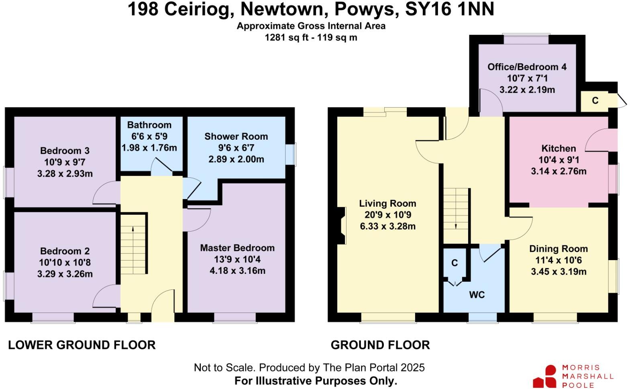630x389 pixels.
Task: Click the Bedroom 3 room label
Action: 65,151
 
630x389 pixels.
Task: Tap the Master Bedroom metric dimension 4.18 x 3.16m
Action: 237,271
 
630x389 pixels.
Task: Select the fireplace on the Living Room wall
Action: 342,226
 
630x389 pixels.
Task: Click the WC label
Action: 477,295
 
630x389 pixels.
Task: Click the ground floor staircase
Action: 456,209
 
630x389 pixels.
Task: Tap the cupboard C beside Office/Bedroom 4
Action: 595,101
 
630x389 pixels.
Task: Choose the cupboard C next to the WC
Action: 455,263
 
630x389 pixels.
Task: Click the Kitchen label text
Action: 558,149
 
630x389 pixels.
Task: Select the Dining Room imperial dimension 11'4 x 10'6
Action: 558,260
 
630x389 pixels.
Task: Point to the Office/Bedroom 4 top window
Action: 526,39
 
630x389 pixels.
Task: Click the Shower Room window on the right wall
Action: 294,154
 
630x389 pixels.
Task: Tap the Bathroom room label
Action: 149,125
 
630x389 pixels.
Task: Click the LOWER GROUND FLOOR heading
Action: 82,345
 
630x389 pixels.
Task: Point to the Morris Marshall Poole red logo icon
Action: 545,377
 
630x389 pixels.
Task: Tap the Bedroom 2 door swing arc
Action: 105,295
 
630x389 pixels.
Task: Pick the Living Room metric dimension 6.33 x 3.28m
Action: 387,226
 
